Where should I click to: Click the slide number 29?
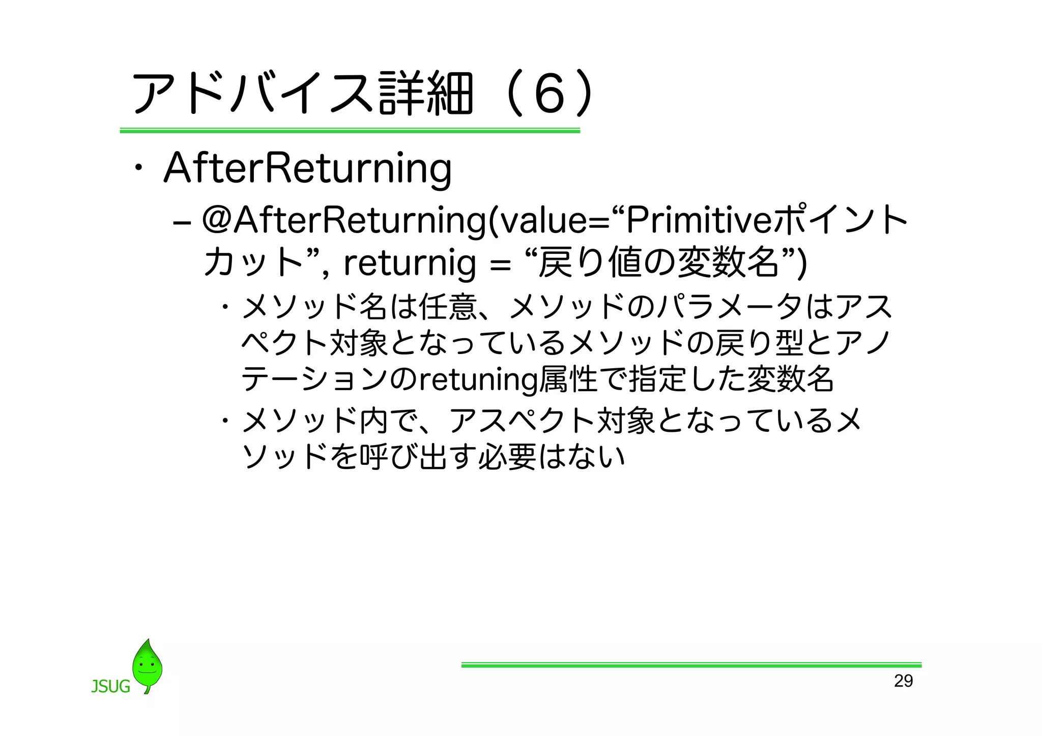pos(903,681)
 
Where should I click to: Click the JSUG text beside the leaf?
pos(110,687)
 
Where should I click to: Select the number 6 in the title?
pos(550,94)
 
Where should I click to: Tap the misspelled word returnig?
pos(410,263)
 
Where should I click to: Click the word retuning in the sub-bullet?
pos(477,379)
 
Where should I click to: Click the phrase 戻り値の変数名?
pos(658,262)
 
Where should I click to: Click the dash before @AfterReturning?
pos(182,224)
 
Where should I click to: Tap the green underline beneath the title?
pos(350,131)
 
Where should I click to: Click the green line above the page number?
pos(691,664)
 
